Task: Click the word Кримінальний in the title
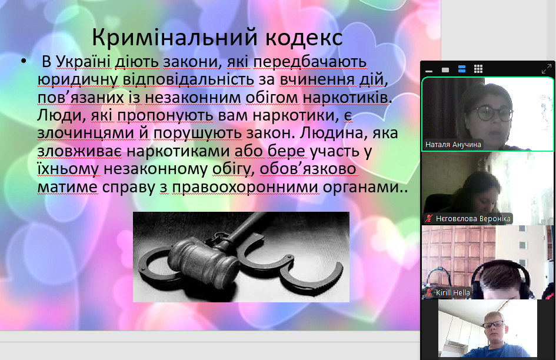tap(175, 37)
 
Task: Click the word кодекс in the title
tap(304, 38)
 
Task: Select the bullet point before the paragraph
tap(24, 61)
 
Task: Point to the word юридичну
tap(78, 80)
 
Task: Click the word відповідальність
tap(188, 79)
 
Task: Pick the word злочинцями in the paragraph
tap(85, 134)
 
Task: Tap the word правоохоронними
tap(246, 187)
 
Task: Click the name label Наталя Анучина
tap(453, 145)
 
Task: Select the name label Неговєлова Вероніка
tap(473, 218)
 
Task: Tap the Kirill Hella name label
tap(453, 292)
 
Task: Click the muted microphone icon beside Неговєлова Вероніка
tap(429, 218)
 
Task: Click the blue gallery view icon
tap(462, 69)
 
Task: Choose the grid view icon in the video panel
tap(478, 69)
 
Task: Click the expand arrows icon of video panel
tap(547, 69)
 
